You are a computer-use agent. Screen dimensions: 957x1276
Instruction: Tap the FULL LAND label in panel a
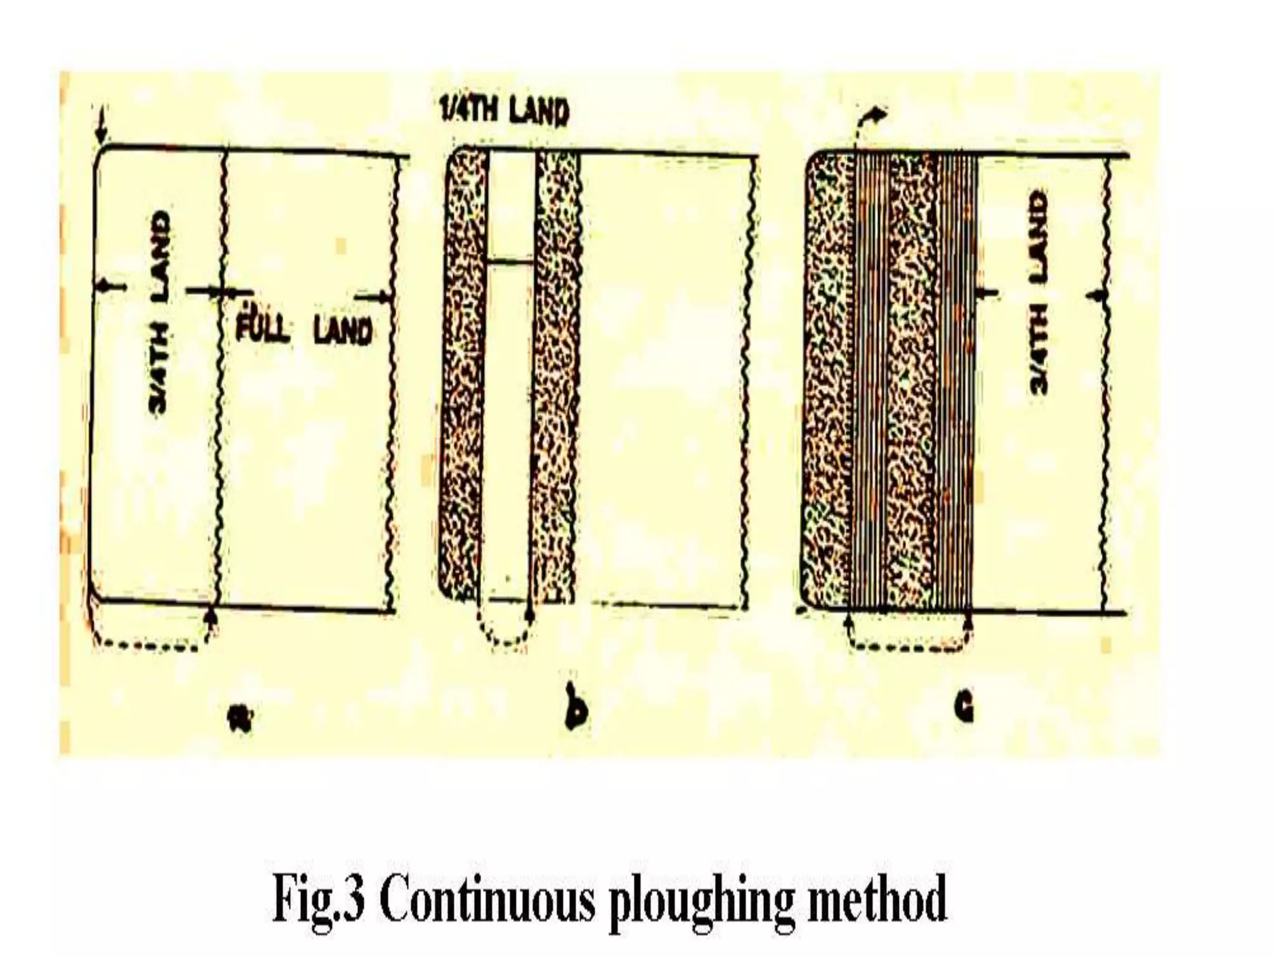(x=305, y=328)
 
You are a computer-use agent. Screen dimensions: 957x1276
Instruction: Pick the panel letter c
(x=963, y=707)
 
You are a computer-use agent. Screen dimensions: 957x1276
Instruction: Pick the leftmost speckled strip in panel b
(x=464, y=374)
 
